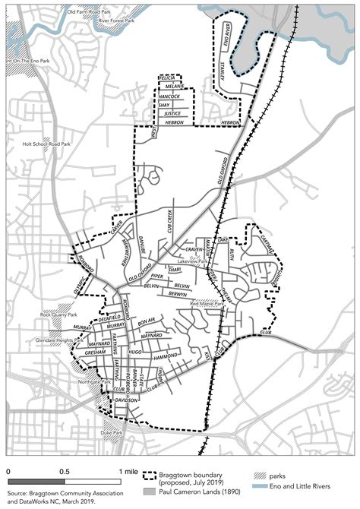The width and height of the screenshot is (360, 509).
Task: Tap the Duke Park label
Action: [112, 433]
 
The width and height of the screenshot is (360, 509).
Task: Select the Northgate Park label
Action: [80, 383]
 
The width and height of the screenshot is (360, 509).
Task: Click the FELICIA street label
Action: [167, 78]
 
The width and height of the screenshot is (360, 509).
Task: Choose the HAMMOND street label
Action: [165, 356]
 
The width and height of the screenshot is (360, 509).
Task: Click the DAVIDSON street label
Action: [125, 400]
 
